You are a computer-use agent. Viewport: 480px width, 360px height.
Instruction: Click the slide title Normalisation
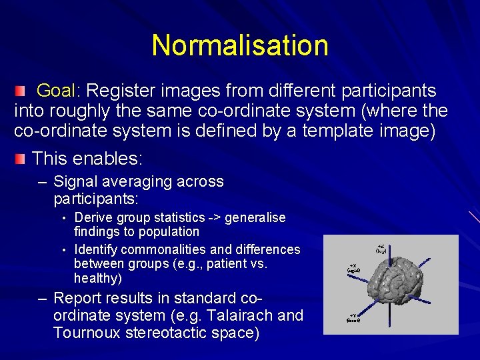(x=240, y=45)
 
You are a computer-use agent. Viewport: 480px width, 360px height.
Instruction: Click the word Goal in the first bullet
(x=57, y=91)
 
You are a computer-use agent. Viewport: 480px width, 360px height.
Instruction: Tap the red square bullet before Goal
(x=21, y=90)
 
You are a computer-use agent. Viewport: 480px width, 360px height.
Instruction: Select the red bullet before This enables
(x=21, y=158)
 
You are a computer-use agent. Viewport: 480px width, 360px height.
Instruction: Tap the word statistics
(x=178, y=217)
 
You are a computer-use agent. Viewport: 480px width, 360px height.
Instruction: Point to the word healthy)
(x=98, y=279)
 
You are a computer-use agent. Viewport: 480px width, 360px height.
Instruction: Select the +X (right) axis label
(x=353, y=267)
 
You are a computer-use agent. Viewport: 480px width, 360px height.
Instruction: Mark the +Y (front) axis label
(x=353, y=317)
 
